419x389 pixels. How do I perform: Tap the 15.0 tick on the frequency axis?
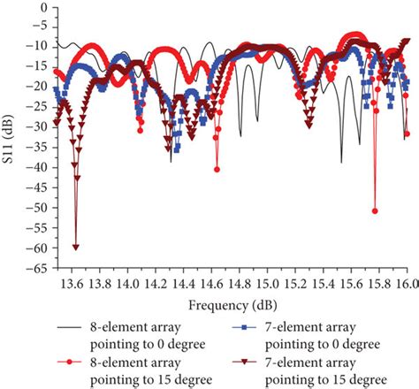coord(267,284)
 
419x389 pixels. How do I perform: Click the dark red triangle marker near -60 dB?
coord(76,247)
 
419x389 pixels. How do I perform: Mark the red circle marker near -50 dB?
coord(376,210)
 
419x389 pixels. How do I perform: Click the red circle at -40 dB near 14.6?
coord(217,169)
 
